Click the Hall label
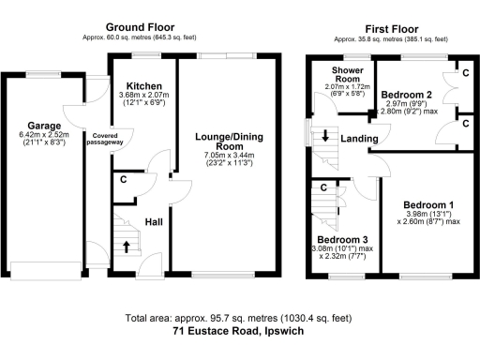(155, 223)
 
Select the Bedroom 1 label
(428, 204)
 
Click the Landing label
(359, 140)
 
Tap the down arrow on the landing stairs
(325, 136)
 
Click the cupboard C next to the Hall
(124, 181)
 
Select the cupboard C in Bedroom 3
(323, 187)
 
